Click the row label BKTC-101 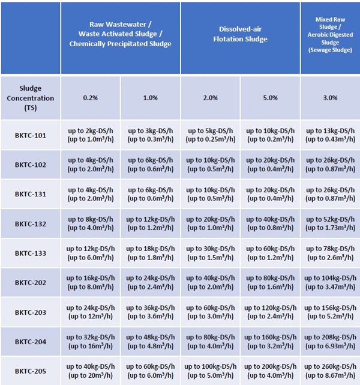[30, 135]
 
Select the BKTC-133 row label [30, 253]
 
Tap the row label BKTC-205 [30, 371]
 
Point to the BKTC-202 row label [30, 282]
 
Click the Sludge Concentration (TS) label [30, 98]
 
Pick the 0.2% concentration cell [90, 98]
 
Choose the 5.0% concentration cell [270, 98]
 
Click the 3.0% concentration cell [331, 98]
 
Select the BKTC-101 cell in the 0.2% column [90, 135]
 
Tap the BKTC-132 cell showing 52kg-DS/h [331, 223]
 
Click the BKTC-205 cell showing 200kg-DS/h [270, 371]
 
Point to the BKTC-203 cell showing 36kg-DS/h [150, 312]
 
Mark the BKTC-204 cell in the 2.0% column [210, 341]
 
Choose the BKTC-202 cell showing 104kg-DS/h [331, 282]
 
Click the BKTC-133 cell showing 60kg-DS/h [270, 253]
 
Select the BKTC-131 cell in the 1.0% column [150, 194]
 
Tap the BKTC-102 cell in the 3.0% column [331, 165]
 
